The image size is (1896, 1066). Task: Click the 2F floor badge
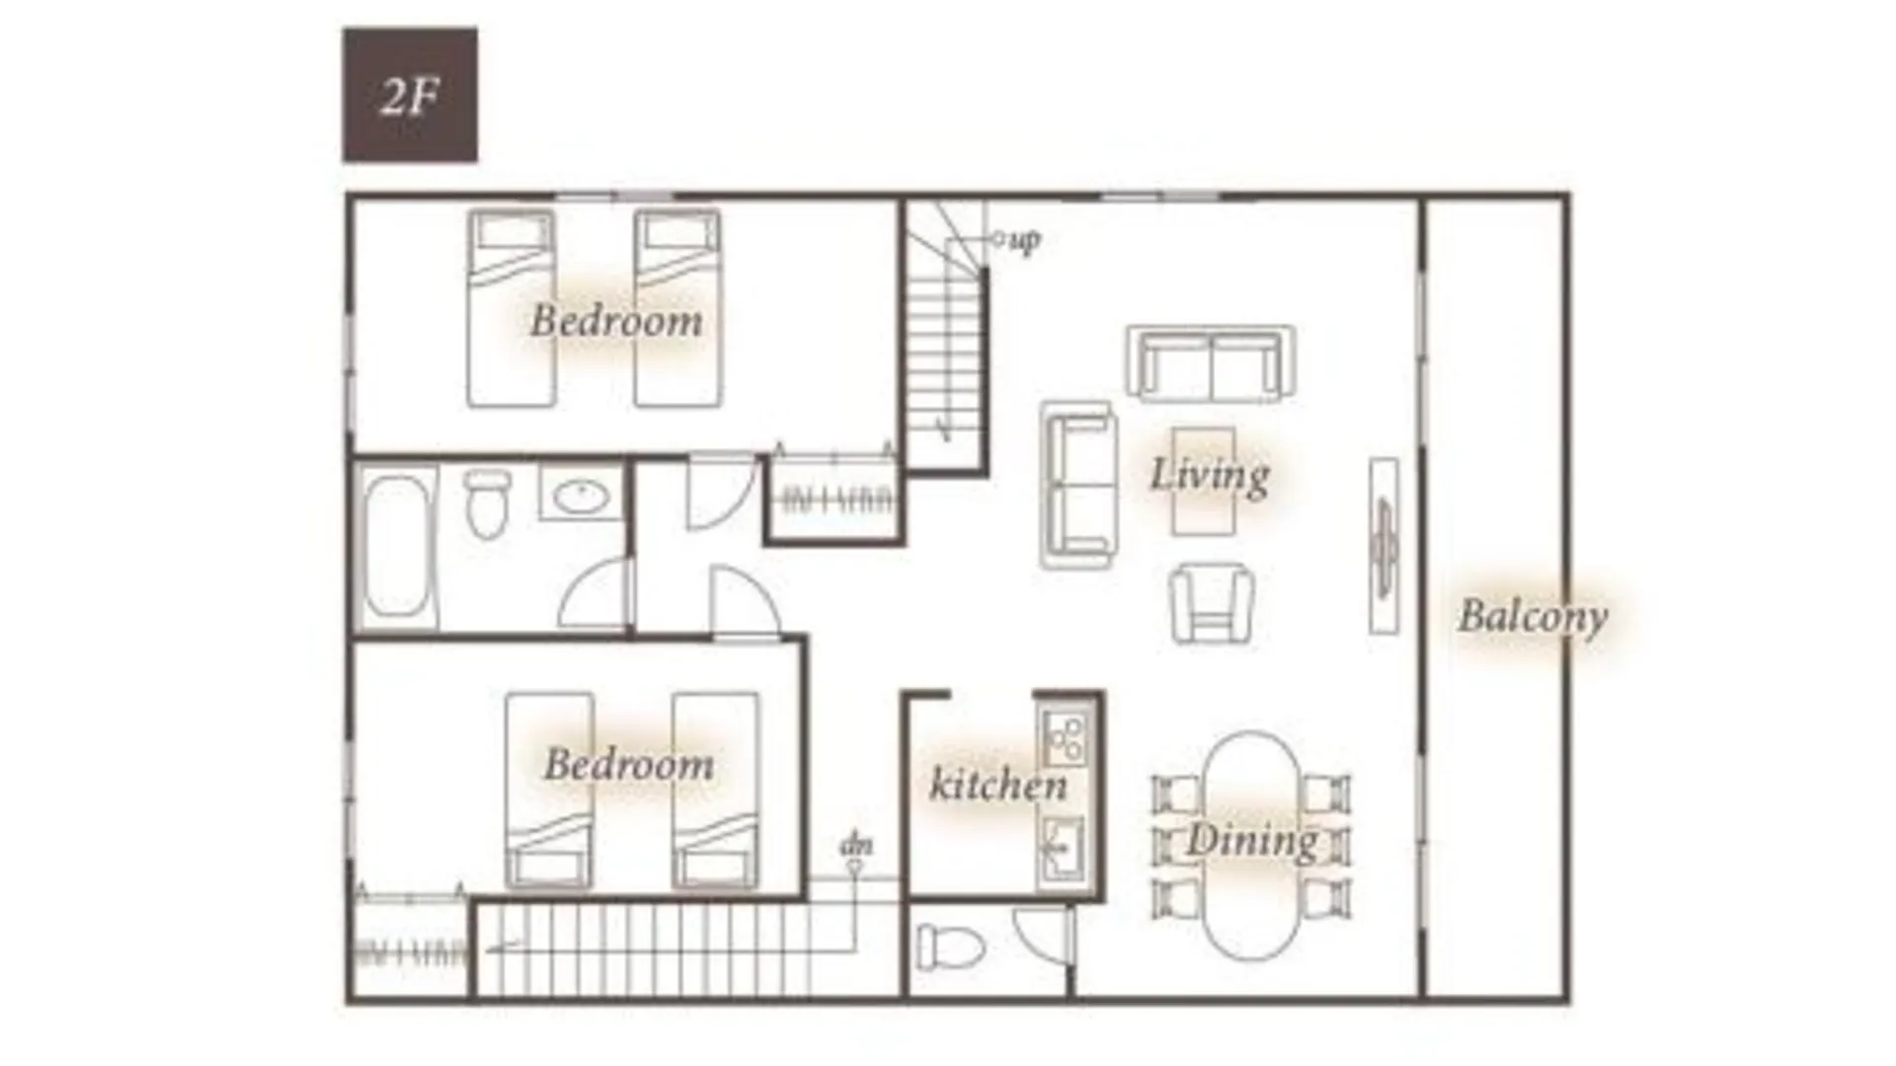(410, 95)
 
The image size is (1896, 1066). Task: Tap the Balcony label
(1533, 618)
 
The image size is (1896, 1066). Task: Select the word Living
(1210, 475)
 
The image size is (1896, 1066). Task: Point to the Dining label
(1252, 841)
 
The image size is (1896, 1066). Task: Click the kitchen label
(998, 785)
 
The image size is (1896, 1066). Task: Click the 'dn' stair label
(855, 846)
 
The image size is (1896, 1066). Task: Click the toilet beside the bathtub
(486, 503)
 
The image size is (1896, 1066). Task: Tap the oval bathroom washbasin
(581, 495)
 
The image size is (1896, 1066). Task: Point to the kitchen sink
(1062, 850)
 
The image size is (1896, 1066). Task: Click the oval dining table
(1251, 846)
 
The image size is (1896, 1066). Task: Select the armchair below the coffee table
(1213, 604)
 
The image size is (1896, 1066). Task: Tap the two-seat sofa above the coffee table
(1212, 363)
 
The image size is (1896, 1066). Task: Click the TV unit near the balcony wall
(1383, 546)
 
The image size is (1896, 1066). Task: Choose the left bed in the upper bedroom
(511, 308)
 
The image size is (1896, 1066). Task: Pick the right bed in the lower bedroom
(716, 791)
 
